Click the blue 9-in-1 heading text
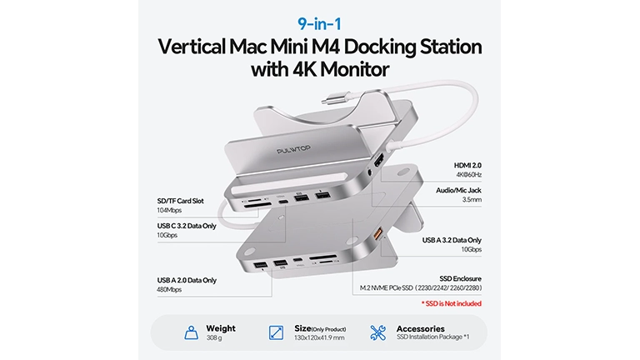(x=319, y=24)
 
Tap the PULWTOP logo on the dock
(x=293, y=150)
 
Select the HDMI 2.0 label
(x=467, y=165)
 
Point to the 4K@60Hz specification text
(x=469, y=175)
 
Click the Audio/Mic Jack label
(x=458, y=190)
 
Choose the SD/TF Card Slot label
(x=180, y=201)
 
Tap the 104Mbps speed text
(x=169, y=210)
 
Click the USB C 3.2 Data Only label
(x=187, y=226)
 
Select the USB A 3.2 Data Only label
(x=452, y=240)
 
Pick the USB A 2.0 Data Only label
(x=187, y=280)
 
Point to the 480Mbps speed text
(x=169, y=289)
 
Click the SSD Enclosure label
(x=460, y=278)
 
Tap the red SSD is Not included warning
(x=452, y=303)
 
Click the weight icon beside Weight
(x=191, y=332)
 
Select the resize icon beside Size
(x=277, y=332)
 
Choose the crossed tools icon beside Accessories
(x=378, y=332)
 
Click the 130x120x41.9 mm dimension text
(x=319, y=338)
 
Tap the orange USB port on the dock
(x=378, y=234)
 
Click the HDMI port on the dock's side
(x=378, y=161)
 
